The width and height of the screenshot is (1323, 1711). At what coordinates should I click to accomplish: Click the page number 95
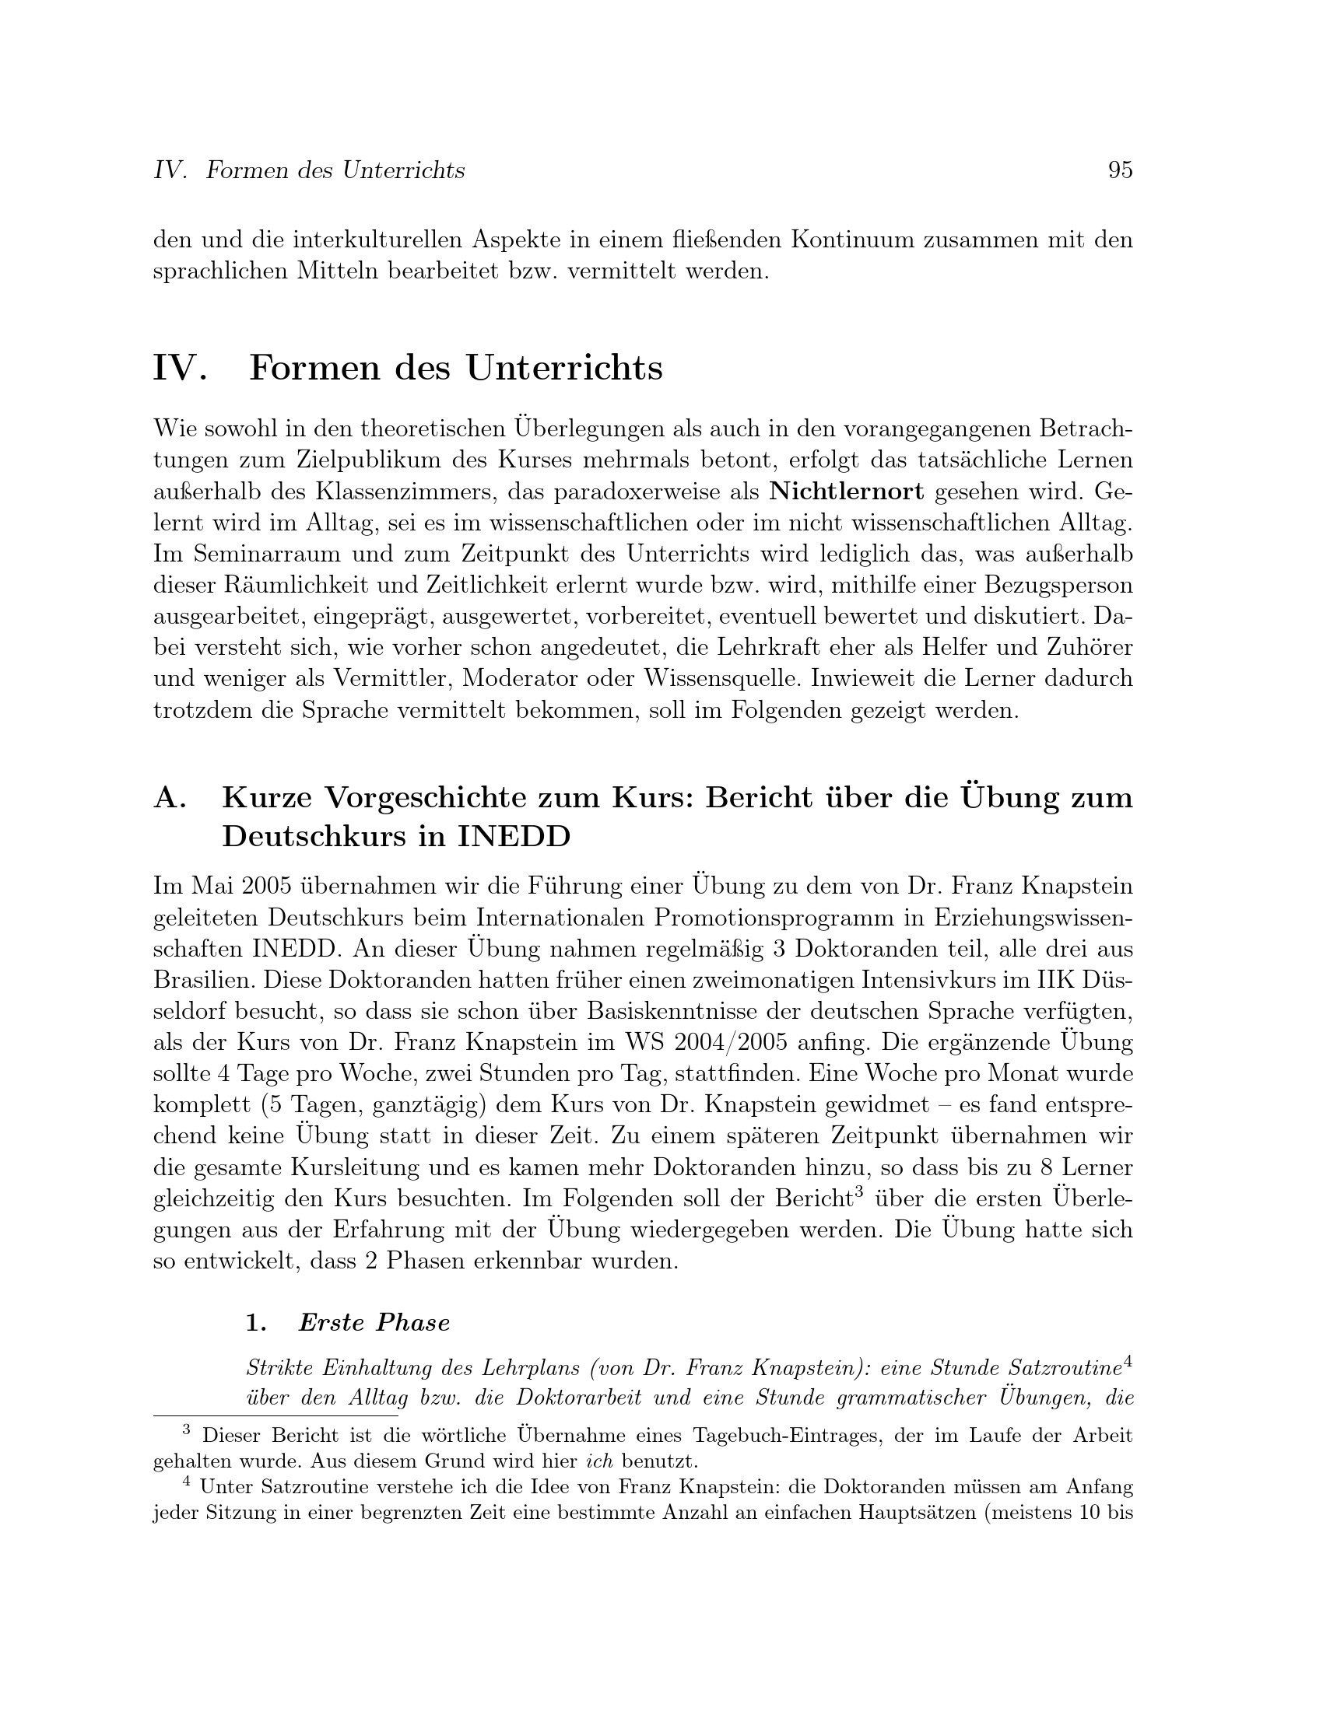click(1120, 170)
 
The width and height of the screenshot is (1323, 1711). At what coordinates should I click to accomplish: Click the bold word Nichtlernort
click(847, 492)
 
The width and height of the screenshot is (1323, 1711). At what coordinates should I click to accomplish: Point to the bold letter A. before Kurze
click(170, 797)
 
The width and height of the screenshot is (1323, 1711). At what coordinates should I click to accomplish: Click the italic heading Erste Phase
click(374, 1322)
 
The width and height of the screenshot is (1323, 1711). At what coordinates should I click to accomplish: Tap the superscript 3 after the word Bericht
click(859, 1191)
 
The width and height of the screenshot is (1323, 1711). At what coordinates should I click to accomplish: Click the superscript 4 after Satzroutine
click(1128, 1363)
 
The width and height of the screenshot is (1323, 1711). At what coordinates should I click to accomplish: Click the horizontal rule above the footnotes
click(275, 1415)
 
